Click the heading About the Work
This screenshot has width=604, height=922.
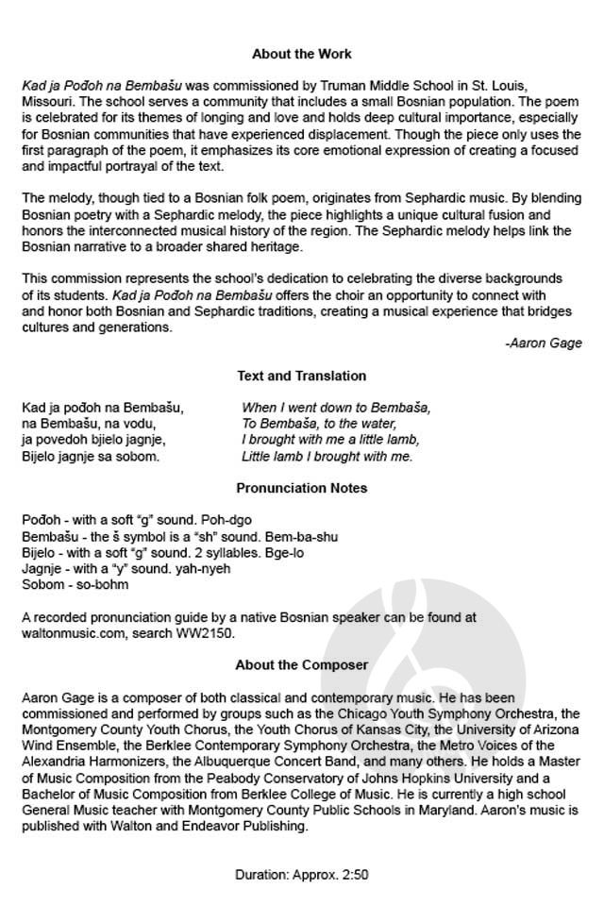(302, 54)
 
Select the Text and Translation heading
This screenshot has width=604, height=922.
(302, 376)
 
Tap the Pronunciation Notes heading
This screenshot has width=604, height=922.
(302, 488)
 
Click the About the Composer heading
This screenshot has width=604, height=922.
(302, 665)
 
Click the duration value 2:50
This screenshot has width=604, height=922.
(356, 875)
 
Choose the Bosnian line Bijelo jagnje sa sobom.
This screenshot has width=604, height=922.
(91, 456)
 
